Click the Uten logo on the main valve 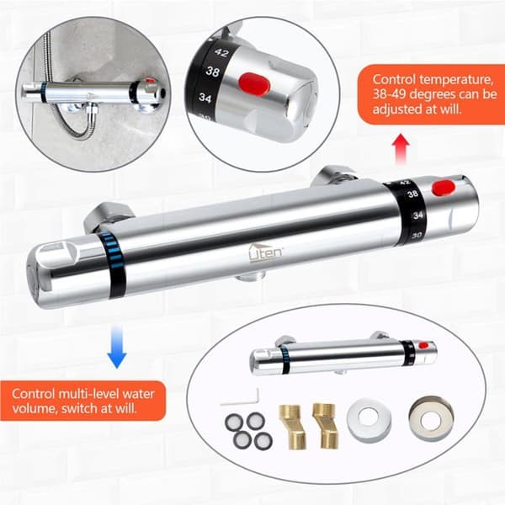point(265,252)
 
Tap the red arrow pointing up point(401,149)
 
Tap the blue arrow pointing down point(117,346)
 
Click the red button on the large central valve point(444,188)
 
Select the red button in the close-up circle point(255,83)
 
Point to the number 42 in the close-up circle point(221,52)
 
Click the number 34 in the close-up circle point(205,97)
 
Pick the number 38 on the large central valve point(412,194)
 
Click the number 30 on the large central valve point(417,236)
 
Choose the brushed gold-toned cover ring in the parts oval point(431,418)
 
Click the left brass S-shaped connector point(292,427)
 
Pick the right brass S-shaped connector point(325,425)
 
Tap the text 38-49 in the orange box point(390,94)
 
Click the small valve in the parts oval point(343,354)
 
